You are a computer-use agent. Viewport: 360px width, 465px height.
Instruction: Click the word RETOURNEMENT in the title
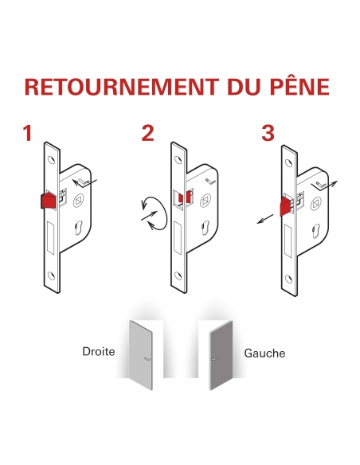[x=122, y=87]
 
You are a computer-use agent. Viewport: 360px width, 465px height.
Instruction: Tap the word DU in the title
[x=244, y=87]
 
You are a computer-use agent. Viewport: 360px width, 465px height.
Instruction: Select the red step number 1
[x=28, y=133]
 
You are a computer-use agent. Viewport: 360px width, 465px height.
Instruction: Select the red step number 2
[x=148, y=133]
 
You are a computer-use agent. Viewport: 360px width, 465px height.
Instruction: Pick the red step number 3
[x=268, y=133]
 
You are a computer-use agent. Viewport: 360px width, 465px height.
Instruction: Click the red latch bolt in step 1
[x=48, y=200]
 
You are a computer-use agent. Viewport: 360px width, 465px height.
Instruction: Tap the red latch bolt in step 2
[x=184, y=197]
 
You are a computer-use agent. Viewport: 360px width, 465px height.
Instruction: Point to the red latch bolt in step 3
[x=286, y=205]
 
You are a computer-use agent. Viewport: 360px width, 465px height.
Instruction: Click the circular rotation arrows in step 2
[x=155, y=213]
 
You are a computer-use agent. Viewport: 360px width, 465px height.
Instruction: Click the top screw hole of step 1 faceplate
[x=53, y=160]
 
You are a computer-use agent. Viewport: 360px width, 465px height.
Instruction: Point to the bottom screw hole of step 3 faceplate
[x=288, y=278]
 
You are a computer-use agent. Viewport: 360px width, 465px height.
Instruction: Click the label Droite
[x=99, y=351]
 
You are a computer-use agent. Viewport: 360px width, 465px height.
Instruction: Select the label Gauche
[x=264, y=354]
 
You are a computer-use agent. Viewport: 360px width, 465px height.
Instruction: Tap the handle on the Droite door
[x=147, y=359]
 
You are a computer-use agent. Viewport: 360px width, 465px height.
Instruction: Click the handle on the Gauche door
[x=214, y=359]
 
